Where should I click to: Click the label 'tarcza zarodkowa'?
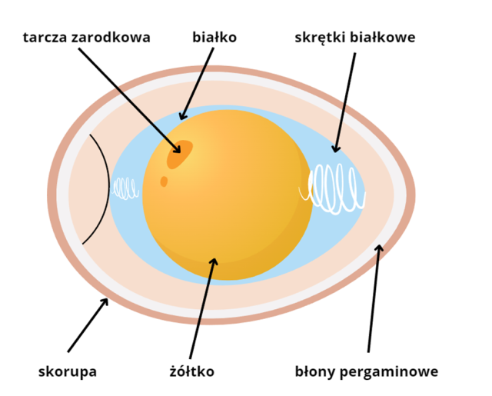(86, 37)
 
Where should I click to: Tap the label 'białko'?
(214, 37)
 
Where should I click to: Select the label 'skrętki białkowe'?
(355, 37)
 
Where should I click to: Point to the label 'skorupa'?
(68, 372)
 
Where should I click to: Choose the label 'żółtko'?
(191, 372)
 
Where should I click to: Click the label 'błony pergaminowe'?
(367, 372)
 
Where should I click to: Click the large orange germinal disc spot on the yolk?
(180, 154)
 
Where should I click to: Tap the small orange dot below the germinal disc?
(164, 181)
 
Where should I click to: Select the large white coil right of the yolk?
(336, 188)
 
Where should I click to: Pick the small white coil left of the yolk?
(125, 188)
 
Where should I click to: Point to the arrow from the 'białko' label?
(196, 85)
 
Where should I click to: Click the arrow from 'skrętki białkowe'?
(345, 100)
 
